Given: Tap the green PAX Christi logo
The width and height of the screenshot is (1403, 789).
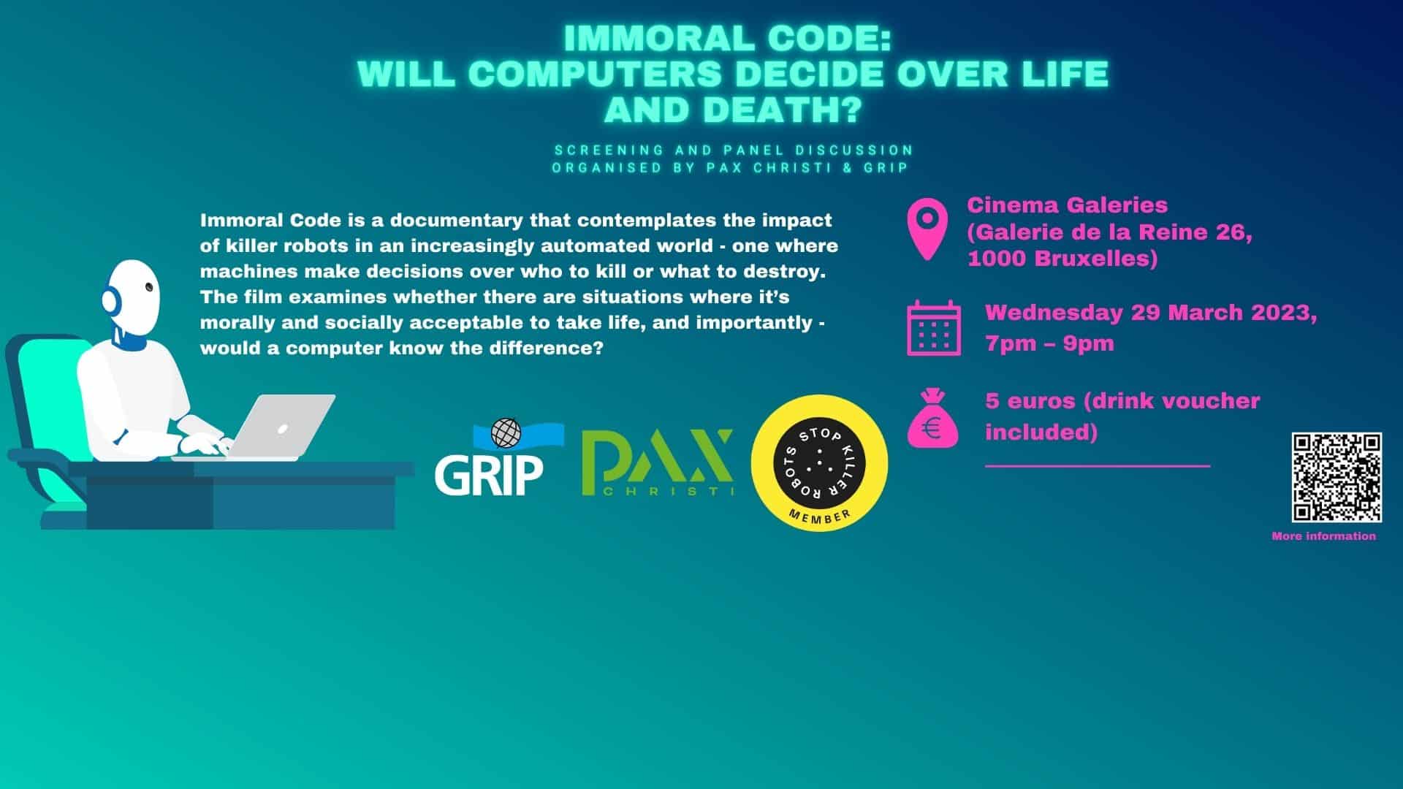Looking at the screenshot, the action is [x=657, y=463].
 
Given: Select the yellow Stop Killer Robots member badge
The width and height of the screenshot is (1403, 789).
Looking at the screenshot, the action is [x=819, y=462].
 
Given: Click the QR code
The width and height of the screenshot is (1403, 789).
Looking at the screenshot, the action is [x=1337, y=477].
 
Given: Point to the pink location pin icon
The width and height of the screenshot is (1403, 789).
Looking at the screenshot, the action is [x=927, y=228].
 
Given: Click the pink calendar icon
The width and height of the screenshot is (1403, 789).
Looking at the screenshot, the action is [x=934, y=327].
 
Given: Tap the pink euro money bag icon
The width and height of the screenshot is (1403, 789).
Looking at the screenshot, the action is [x=932, y=419].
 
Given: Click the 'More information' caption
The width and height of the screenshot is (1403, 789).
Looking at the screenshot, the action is [x=1323, y=536].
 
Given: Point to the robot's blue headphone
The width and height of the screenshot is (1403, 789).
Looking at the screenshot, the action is [x=110, y=300].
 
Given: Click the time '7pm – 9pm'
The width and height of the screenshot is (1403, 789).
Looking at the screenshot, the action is [x=1049, y=343].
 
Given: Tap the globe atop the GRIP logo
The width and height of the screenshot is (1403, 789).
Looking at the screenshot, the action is [x=505, y=432].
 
